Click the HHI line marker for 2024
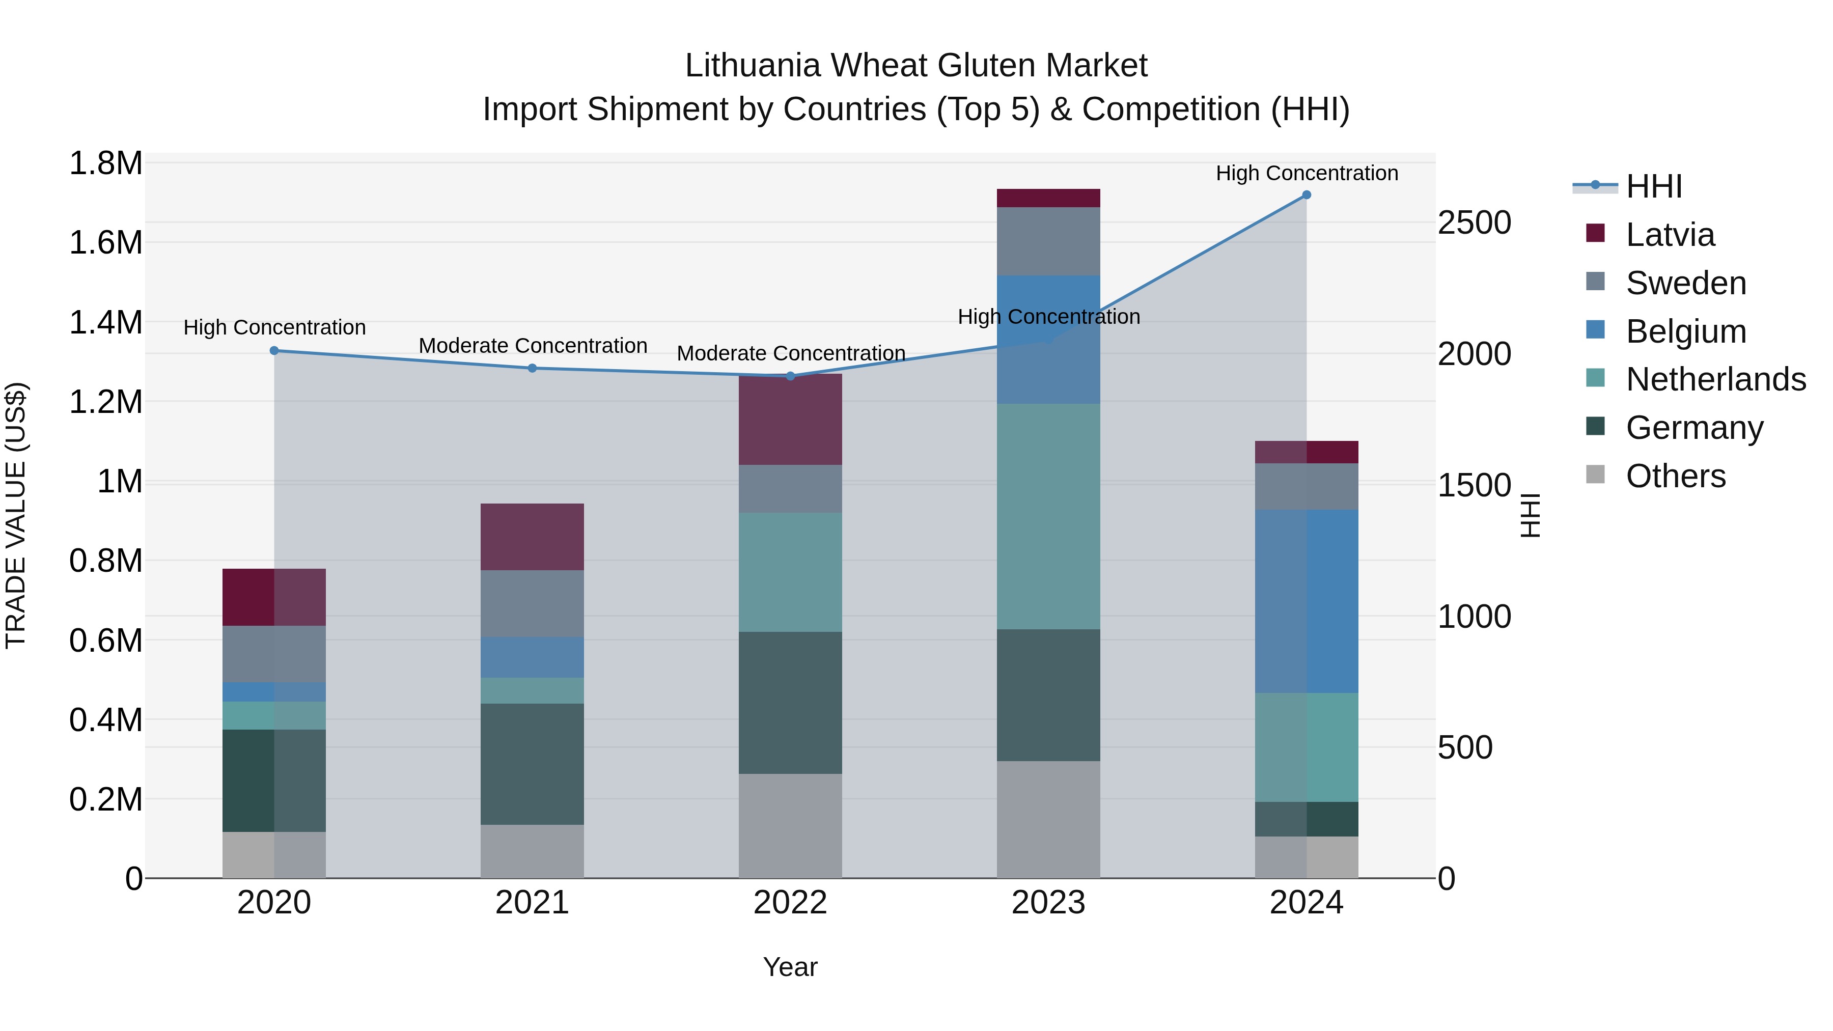tap(1307, 195)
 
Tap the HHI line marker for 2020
tap(274, 351)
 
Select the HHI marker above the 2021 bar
tap(532, 368)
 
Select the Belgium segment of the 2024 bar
tap(1307, 601)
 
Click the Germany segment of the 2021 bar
tap(532, 764)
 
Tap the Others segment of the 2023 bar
tap(1048, 819)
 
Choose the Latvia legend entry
tap(1670, 235)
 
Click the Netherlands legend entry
tap(1715, 379)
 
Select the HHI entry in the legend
tap(1654, 186)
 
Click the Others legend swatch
tap(1596, 475)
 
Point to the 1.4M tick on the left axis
tap(105, 322)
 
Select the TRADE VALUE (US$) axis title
tap(16, 515)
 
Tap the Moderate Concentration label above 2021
tap(532, 346)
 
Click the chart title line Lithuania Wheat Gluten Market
tap(916, 66)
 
